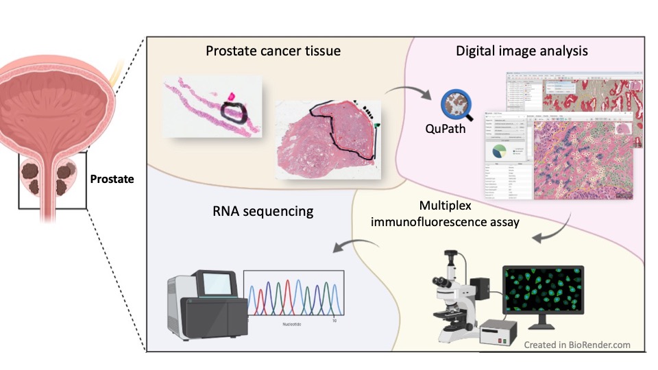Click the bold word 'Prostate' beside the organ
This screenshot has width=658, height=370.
(112, 180)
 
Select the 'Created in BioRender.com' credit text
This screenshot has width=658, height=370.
(577, 345)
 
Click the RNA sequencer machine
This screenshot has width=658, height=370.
(204, 307)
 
